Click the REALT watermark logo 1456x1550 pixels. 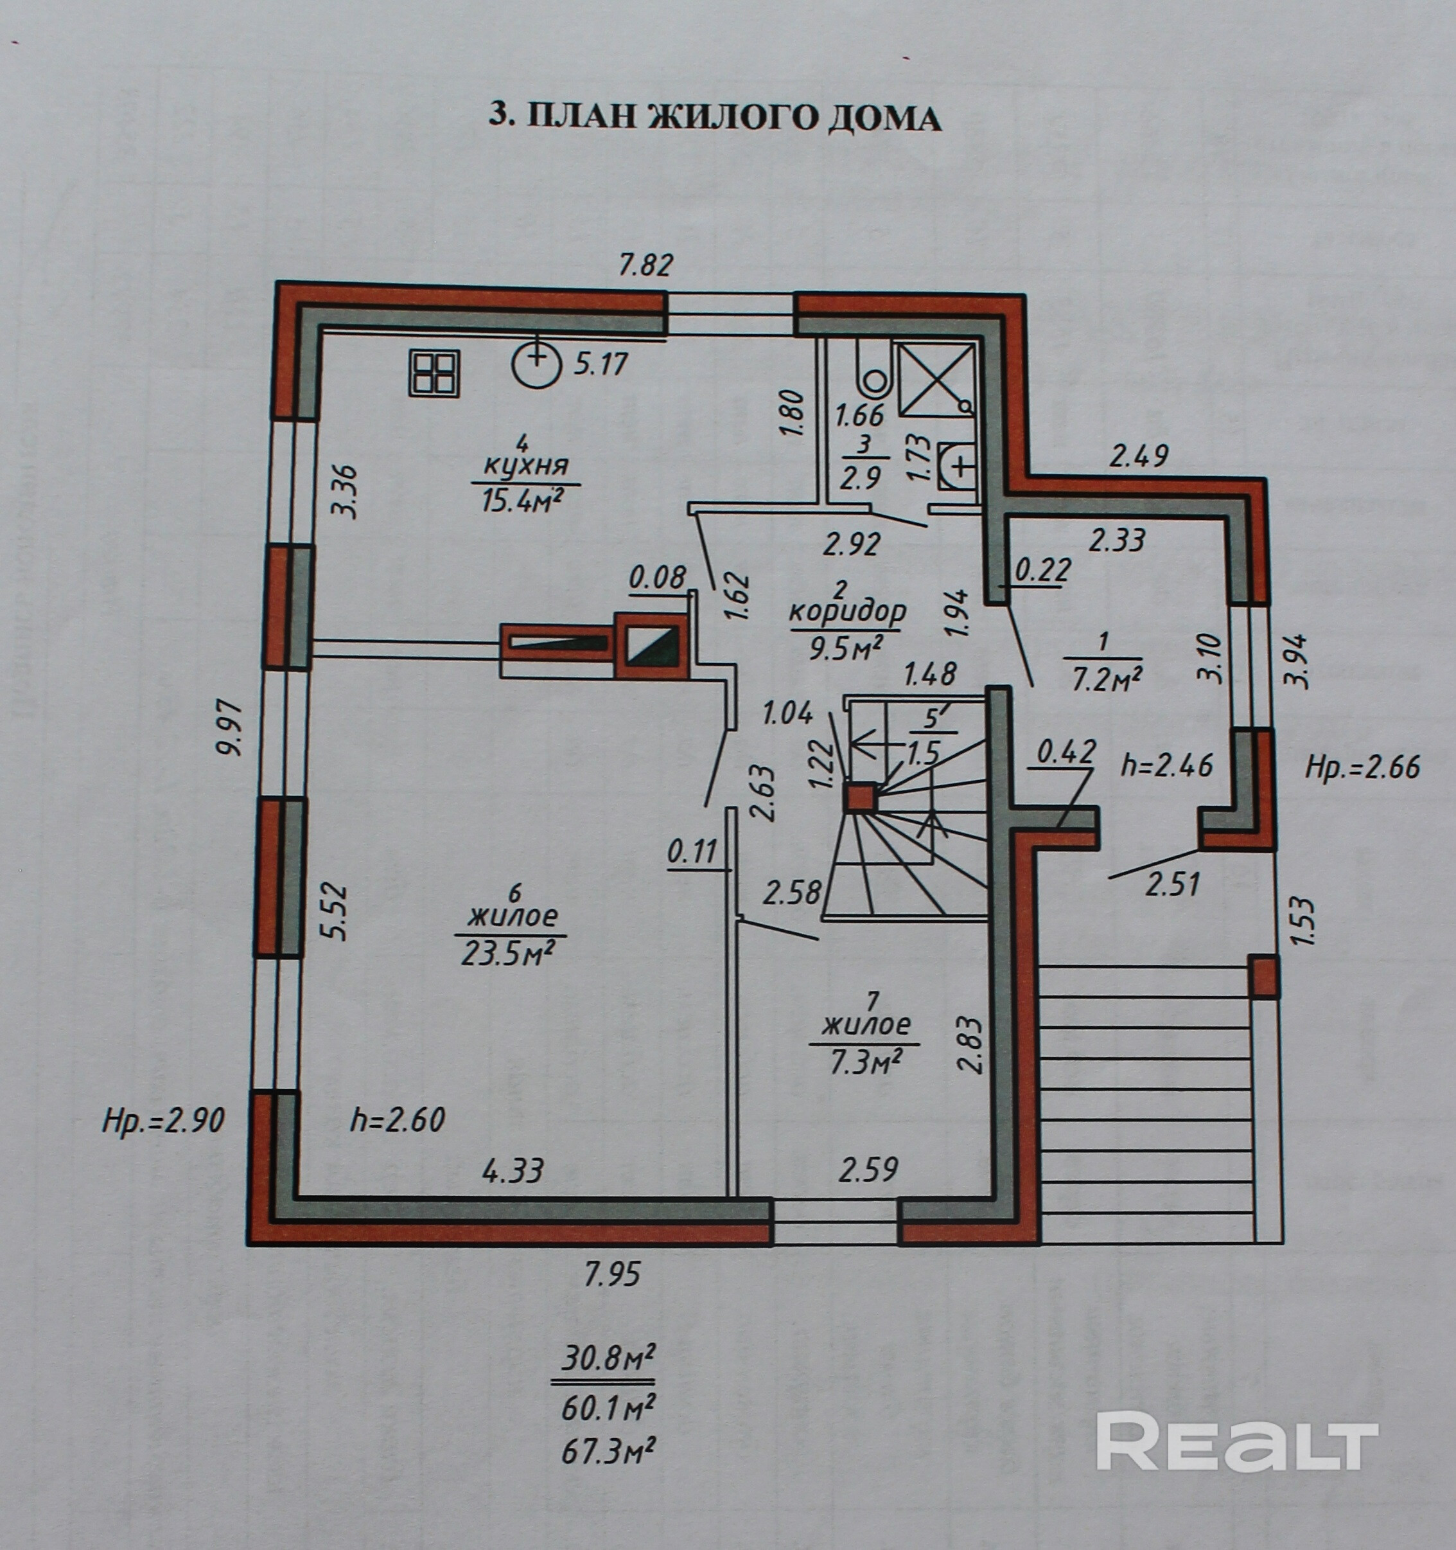click(x=1237, y=1440)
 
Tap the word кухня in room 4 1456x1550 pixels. click(x=526, y=467)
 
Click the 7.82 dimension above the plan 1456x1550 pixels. click(x=645, y=266)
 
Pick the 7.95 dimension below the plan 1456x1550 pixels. click(x=612, y=1273)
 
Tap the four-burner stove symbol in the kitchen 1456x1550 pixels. click(x=435, y=373)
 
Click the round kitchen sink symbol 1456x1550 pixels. click(x=537, y=362)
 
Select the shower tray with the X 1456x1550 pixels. click(x=935, y=380)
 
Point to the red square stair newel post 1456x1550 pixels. click(x=860, y=797)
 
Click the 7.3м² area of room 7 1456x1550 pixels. click(x=865, y=1062)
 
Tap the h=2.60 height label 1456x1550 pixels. click(x=398, y=1120)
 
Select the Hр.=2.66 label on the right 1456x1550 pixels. click(x=1362, y=767)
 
